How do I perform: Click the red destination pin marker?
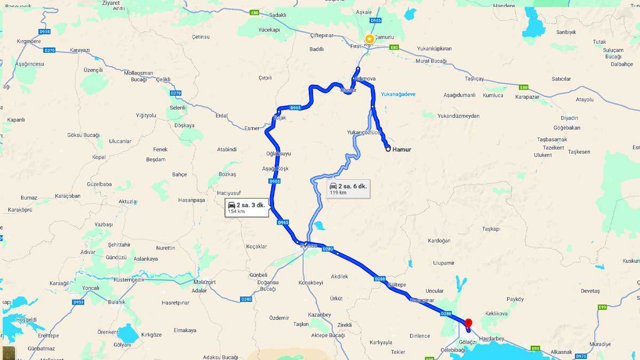pos(469,323)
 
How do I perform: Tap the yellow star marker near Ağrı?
pos(369,39)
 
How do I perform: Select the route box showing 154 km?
pos(246,207)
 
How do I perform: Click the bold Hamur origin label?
pos(402,149)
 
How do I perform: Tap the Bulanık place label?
pos(116,302)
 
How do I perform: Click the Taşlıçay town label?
pos(474,78)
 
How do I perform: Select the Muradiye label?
pos(600,344)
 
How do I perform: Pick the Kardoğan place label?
pos(439,241)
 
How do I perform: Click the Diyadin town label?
pos(570,118)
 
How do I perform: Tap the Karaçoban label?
pos(67,196)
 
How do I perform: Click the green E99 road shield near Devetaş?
pos(602,307)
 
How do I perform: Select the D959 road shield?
pos(78,302)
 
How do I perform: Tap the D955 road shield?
pos(45,31)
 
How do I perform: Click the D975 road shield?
pos(581,356)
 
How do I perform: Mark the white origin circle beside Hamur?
pos(388,149)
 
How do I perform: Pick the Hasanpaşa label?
pos(191,200)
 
